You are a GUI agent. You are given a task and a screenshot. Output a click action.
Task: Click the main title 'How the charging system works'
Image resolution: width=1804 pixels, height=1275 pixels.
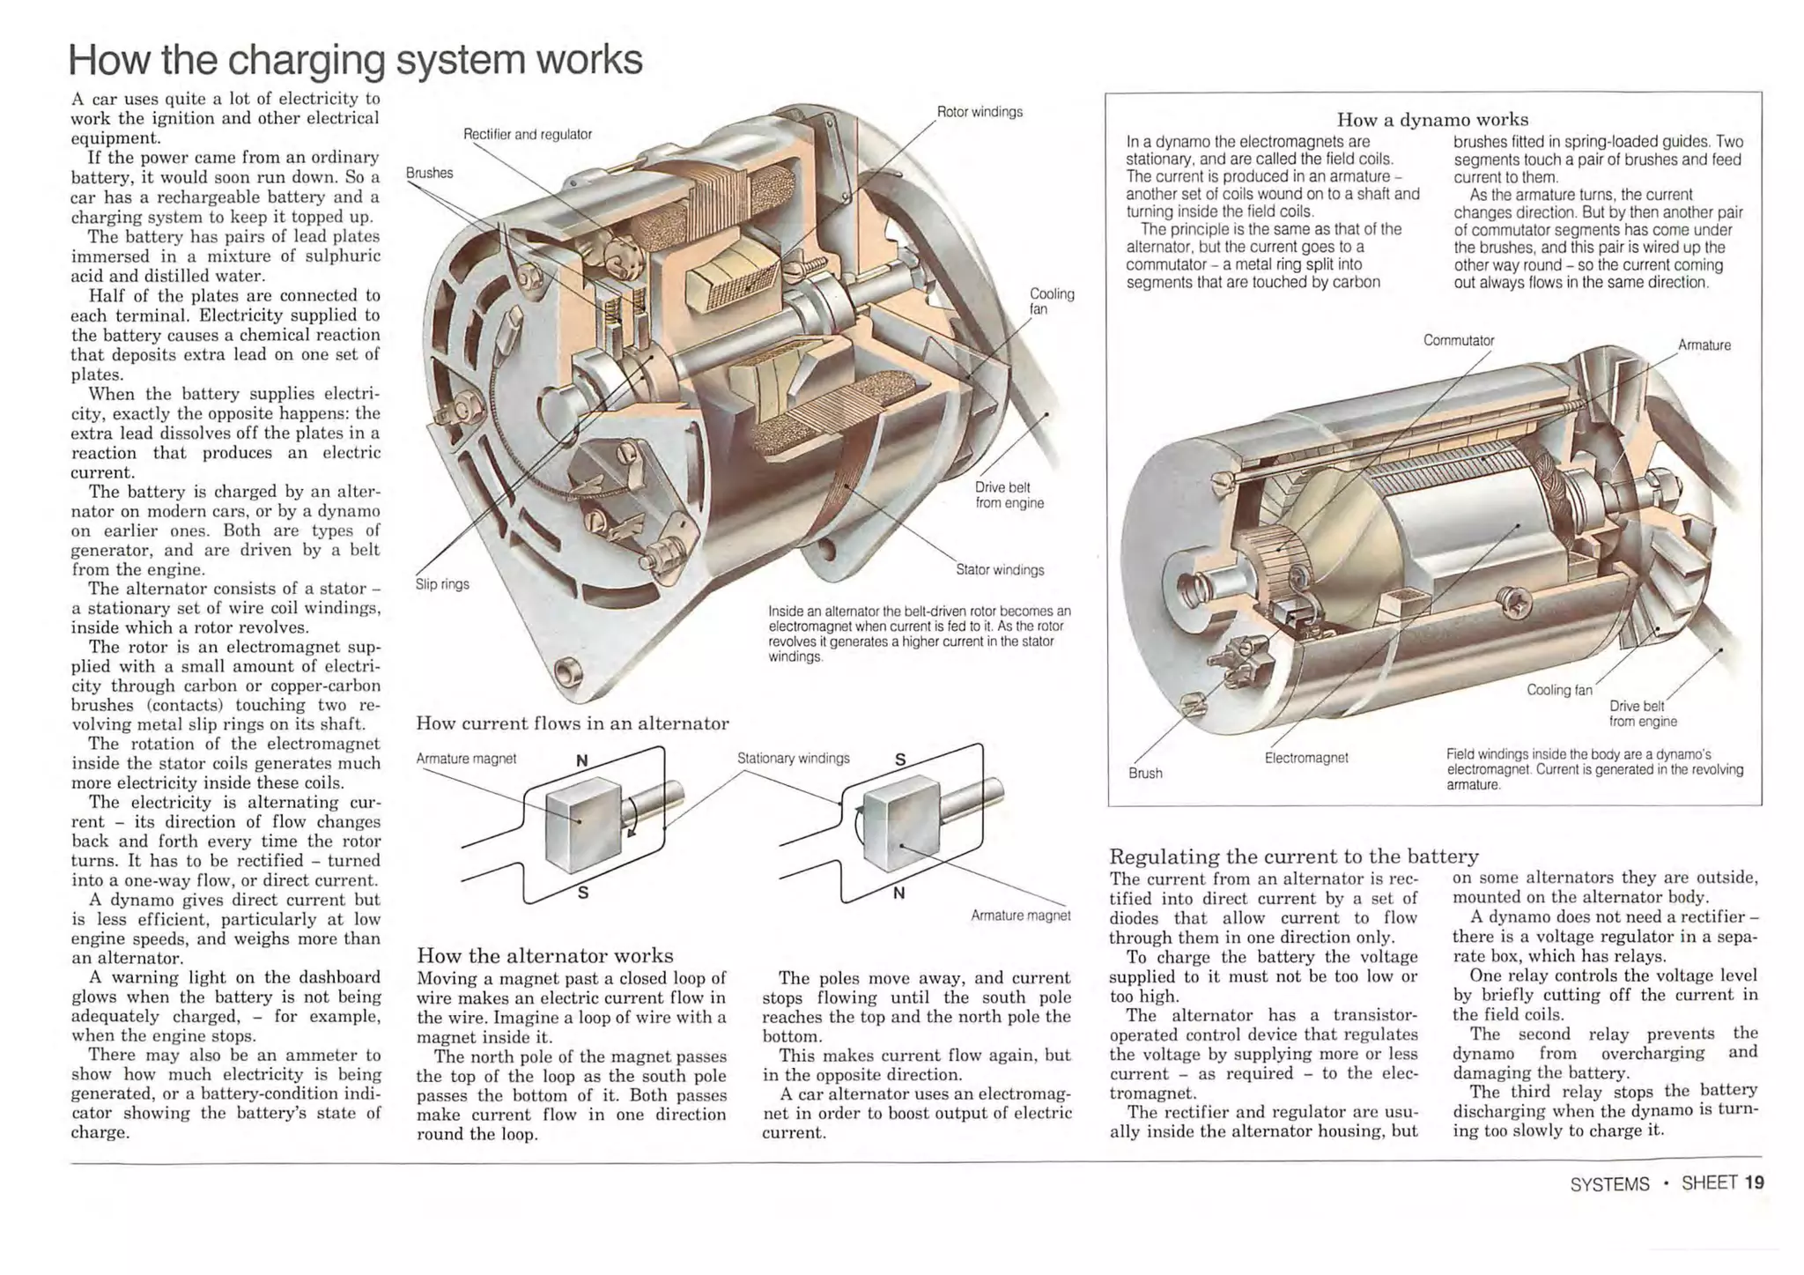(x=355, y=60)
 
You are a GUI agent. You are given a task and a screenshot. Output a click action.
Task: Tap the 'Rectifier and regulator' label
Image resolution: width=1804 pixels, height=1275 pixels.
(x=527, y=135)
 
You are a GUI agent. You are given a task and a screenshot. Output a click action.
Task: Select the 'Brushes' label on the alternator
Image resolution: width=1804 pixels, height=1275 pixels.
(x=429, y=173)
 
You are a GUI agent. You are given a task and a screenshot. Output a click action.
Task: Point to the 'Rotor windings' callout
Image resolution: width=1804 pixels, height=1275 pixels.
(x=980, y=112)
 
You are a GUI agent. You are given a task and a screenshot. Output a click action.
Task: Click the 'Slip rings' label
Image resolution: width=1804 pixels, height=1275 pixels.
(x=442, y=584)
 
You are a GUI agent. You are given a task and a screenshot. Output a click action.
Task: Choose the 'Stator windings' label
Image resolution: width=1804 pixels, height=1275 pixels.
(x=1000, y=570)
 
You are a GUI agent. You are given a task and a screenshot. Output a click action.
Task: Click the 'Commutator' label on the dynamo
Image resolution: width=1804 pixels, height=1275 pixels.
(x=1459, y=341)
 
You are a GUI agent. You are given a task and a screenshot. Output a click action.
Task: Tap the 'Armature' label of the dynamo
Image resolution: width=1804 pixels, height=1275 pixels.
(x=1704, y=345)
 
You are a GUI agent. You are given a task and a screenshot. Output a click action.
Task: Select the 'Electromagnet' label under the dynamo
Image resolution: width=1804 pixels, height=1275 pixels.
(x=1306, y=758)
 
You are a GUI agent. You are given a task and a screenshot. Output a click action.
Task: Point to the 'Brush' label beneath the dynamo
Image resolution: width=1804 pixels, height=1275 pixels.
(x=1145, y=774)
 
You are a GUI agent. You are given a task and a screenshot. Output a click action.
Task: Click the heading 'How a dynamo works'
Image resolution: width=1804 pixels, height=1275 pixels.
(x=1432, y=119)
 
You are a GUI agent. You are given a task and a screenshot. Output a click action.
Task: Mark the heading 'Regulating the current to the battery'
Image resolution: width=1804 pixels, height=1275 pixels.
(x=1293, y=856)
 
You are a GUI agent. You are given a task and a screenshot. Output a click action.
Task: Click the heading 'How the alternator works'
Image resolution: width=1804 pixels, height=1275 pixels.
(x=544, y=956)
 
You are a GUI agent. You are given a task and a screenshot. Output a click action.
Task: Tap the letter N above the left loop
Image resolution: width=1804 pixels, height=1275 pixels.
(x=581, y=760)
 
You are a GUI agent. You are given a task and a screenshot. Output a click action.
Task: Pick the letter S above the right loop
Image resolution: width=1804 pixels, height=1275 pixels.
(x=899, y=760)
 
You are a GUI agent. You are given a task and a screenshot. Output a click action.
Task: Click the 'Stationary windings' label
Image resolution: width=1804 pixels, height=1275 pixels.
(x=793, y=759)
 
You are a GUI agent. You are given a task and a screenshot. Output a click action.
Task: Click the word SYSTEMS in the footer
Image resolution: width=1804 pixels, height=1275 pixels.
(x=1609, y=1184)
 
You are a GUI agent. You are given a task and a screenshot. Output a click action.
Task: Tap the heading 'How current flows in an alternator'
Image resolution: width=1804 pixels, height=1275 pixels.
(x=573, y=724)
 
